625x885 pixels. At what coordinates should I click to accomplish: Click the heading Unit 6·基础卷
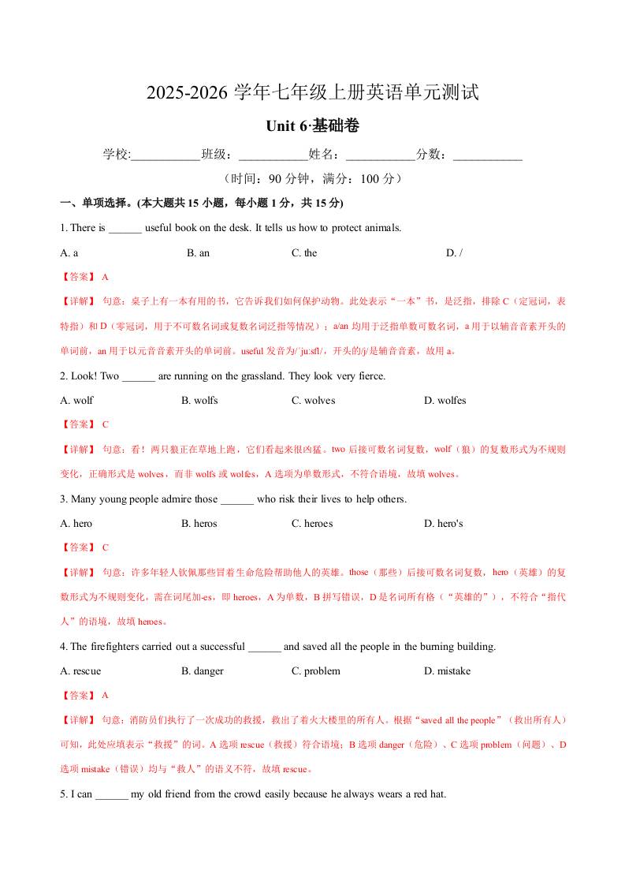312,126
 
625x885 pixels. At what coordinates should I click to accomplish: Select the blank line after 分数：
488,155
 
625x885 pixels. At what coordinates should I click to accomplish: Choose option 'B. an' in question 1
198,253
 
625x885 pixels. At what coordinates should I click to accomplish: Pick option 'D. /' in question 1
454,253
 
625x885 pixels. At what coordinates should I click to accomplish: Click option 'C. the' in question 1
304,253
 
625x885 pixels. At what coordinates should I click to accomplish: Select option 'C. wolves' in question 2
313,401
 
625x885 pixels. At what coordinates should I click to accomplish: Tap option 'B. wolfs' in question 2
199,401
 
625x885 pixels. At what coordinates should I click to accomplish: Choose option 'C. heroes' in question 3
312,524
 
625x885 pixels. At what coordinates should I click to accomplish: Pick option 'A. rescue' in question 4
80,671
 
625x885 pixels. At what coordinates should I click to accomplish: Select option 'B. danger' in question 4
203,671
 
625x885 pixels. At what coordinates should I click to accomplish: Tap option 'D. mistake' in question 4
447,671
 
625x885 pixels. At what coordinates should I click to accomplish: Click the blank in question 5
111,795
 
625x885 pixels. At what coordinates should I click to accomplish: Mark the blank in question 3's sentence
237,500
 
